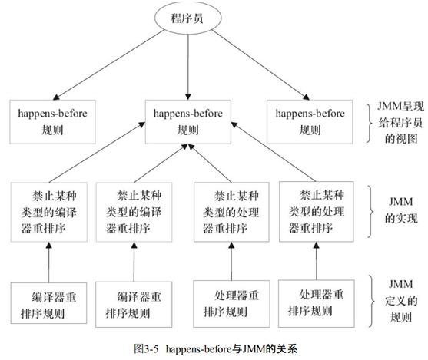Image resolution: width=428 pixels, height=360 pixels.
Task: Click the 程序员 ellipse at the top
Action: (187, 18)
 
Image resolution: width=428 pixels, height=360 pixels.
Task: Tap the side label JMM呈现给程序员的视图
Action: (400, 123)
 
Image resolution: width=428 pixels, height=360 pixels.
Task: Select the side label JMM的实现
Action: (401, 210)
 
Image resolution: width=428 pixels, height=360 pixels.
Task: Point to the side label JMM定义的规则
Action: (400, 301)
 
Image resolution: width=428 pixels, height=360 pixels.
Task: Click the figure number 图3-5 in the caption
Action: (146, 348)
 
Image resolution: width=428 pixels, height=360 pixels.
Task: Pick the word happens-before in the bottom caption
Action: (199, 349)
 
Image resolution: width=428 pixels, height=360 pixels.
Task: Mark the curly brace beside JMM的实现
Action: (370, 212)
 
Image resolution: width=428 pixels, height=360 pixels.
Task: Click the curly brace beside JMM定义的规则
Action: (371, 301)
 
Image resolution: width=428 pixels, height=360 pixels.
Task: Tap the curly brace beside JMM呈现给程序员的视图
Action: (370, 124)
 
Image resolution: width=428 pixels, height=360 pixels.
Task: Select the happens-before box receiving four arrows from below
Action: (188, 122)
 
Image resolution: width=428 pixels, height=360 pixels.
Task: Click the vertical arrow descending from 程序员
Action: (187, 67)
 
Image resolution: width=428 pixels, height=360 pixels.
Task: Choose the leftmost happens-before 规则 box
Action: (53, 122)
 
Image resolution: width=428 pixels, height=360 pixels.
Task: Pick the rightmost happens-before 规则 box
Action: (310, 122)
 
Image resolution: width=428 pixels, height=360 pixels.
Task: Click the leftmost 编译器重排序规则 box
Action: (49, 303)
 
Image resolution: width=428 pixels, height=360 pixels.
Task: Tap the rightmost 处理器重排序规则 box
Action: (317, 303)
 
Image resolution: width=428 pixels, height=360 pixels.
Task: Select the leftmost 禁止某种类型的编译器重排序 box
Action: (49, 212)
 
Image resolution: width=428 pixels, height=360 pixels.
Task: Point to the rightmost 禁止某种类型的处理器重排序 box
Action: (317, 212)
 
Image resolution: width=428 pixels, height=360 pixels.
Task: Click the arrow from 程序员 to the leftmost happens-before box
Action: (108, 64)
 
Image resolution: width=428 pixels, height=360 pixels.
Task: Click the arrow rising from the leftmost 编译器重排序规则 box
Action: (49, 263)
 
